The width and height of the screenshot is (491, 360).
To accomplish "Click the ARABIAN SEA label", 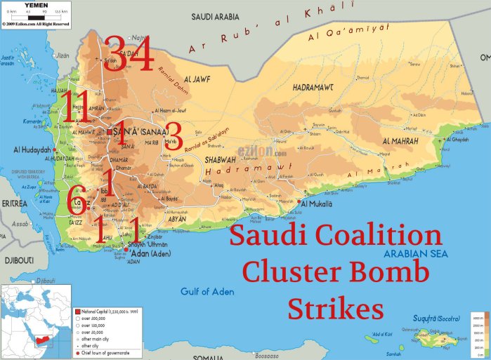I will pos(410,255).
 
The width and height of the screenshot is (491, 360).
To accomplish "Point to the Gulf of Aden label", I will pos(206,291).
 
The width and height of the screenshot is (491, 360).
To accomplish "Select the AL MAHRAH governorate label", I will pos(400,142).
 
